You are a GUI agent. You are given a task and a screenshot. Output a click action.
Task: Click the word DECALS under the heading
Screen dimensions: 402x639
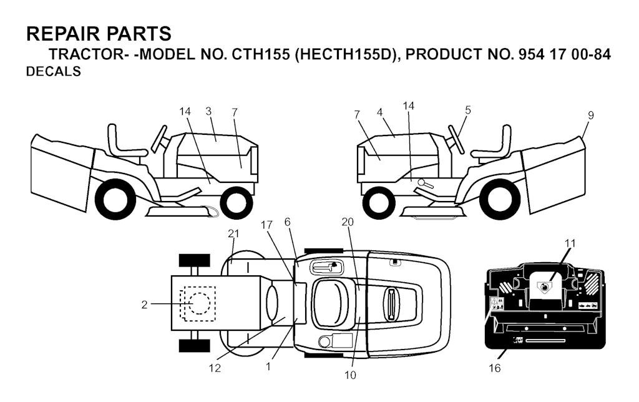(x=54, y=72)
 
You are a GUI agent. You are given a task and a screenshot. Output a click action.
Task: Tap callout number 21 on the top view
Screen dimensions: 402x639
(x=234, y=233)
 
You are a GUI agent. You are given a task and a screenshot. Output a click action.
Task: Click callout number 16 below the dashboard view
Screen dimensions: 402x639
(x=494, y=368)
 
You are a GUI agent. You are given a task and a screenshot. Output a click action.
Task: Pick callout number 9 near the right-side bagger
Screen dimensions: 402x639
(x=590, y=115)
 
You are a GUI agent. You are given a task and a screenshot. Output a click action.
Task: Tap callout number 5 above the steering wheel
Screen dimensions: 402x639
(x=467, y=110)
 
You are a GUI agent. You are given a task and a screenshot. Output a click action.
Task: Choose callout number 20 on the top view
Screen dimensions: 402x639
(x=348, y=222)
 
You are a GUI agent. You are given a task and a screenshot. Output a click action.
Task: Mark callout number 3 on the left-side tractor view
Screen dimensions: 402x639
(x=208, y=111)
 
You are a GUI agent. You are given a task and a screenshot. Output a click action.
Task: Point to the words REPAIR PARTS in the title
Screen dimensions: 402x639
(x=99, y=34)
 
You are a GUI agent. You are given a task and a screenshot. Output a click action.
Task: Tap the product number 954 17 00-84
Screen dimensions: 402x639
(x=564, y=54)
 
